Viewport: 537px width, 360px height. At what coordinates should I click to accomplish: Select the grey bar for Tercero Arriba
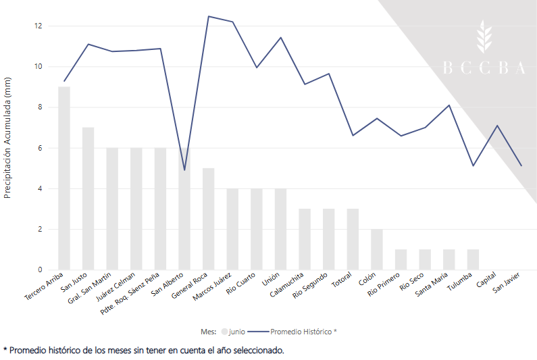[64, 178]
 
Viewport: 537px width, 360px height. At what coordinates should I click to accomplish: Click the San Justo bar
[88, 199]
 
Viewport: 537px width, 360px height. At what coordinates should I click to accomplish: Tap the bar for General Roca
[209, 219]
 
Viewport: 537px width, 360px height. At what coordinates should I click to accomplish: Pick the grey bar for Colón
[377, 249]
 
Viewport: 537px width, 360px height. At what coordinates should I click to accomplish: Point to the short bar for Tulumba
[474, 259]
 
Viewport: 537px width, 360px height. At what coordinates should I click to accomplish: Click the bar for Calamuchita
[305, 239]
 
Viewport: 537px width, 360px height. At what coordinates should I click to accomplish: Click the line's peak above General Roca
[209, 16]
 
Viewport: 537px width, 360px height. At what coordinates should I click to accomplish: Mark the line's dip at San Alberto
[184, 170]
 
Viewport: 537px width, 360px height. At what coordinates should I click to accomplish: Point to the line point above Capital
[497, 126]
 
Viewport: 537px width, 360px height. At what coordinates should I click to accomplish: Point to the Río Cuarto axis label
[241, 284]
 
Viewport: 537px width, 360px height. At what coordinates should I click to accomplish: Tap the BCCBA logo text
[484, 68]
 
